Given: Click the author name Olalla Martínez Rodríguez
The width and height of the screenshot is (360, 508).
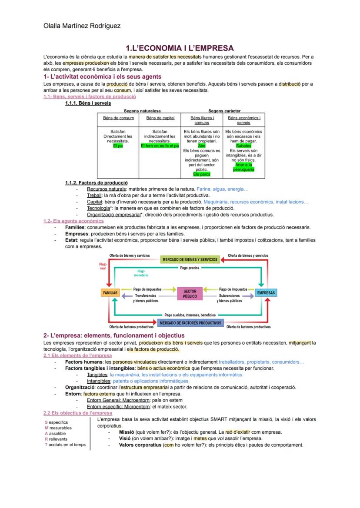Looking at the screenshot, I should tap(82, 26).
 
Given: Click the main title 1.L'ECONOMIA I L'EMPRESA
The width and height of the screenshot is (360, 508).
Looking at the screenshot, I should tap(180, 48).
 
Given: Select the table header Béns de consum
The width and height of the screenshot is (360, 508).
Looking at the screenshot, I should tap(118, 118).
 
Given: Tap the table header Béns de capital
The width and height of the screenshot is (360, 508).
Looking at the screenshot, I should tap(160, 118).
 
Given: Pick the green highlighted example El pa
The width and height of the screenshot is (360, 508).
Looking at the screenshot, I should tap(118, 146).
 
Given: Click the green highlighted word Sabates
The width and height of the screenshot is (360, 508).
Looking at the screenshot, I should tap(243, 146).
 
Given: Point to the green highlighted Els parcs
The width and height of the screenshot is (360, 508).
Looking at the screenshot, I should tap(202, 174).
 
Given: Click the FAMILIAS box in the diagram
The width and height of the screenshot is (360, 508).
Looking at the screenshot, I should tap(110, 293).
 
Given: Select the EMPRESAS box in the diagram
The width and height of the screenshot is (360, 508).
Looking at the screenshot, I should tap(266, 293).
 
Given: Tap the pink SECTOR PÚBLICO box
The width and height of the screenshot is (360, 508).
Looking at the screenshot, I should tap(190, 294).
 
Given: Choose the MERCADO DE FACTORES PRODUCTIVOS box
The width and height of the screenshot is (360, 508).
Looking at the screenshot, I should tap(190, 323).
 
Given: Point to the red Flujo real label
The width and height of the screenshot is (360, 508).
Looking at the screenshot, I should tap(103, 266).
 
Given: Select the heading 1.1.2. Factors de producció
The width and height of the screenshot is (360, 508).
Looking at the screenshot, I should tap(96, 183).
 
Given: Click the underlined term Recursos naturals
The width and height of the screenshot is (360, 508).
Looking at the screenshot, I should tap(106, 189).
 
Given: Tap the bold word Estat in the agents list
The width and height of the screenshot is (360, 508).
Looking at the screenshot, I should tap(72, 240).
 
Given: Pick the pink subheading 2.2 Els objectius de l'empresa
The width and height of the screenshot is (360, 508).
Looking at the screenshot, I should tap(77, 413).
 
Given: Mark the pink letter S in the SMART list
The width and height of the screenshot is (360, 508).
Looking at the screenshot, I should tap(46, 422).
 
